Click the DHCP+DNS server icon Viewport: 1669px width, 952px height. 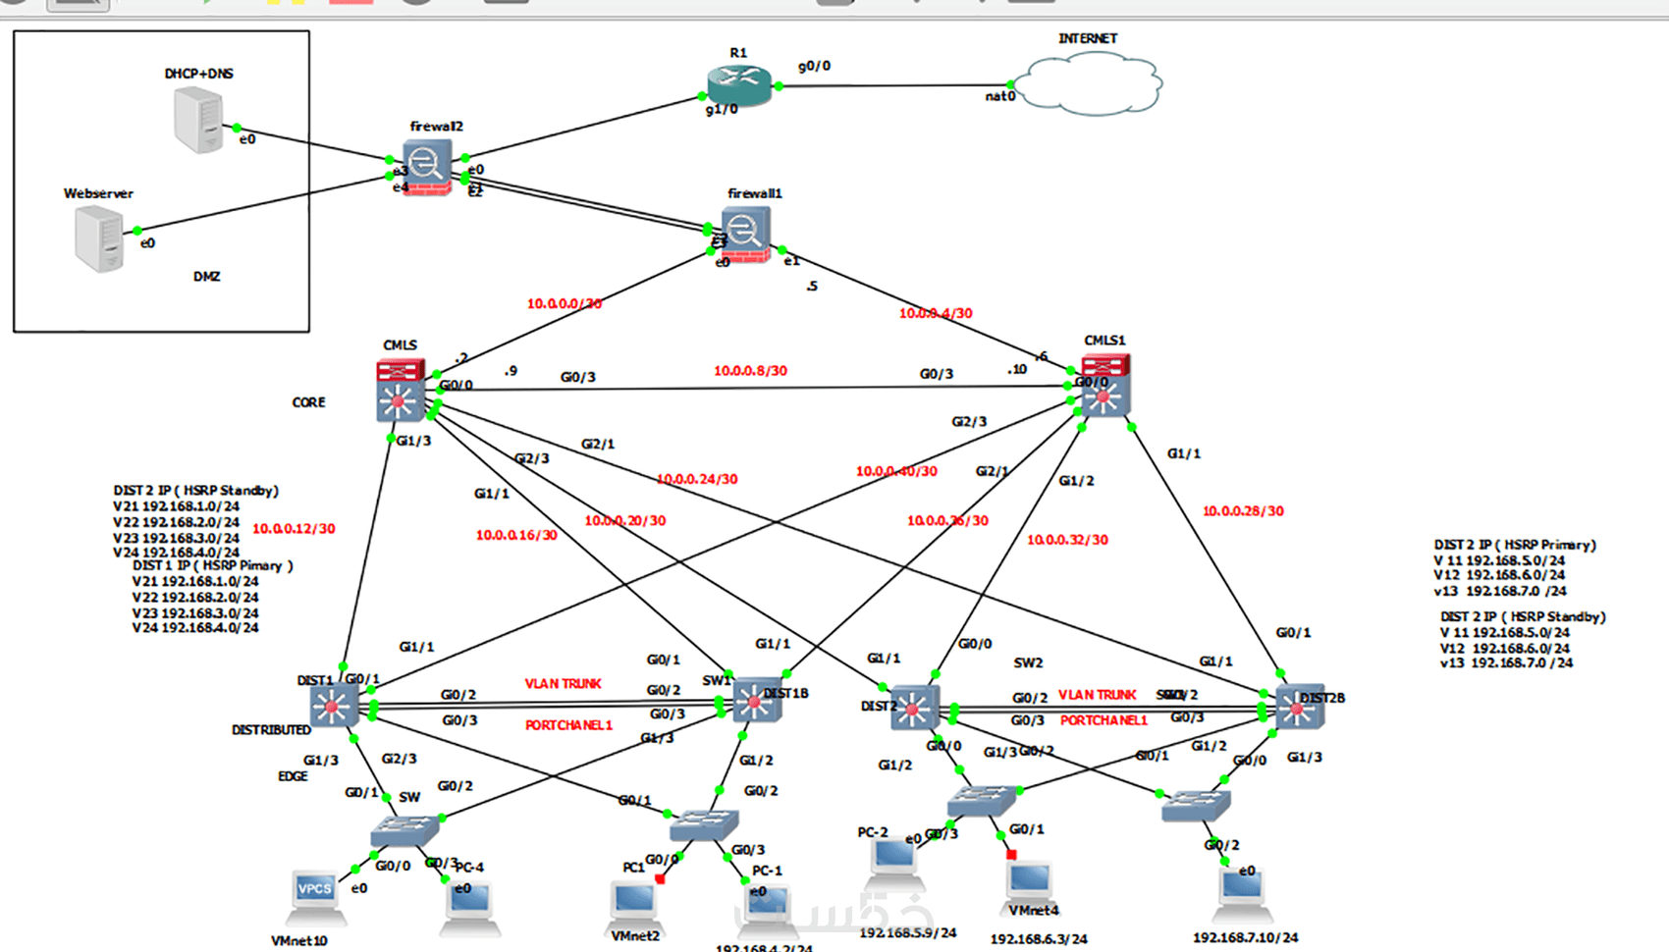198,120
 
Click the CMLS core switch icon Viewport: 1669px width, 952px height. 400,391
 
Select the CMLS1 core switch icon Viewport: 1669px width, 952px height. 1105,386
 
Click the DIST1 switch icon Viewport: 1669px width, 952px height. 333,706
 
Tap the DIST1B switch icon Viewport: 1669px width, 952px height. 755,701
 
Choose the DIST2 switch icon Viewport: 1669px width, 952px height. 913,708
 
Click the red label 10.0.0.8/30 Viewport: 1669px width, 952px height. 750,371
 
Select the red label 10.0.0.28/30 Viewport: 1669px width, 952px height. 1243,511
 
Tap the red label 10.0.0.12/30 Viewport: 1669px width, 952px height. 294,529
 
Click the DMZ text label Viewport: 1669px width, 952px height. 206,277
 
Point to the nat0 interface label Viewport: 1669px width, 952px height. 1000,96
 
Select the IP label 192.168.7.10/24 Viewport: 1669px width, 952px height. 1245,938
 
